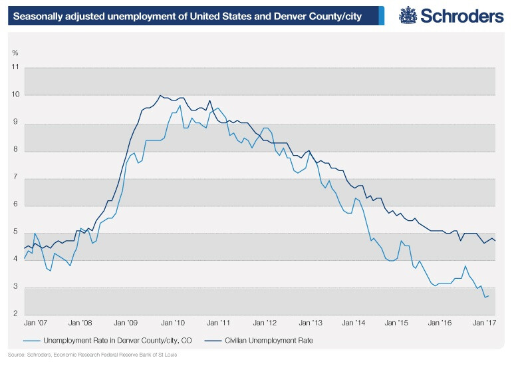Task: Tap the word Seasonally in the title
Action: tap(38, 15)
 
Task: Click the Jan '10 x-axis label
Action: tap(173, 323)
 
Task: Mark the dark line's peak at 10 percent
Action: tap(161, 95)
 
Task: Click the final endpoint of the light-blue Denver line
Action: tap(489, 295)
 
